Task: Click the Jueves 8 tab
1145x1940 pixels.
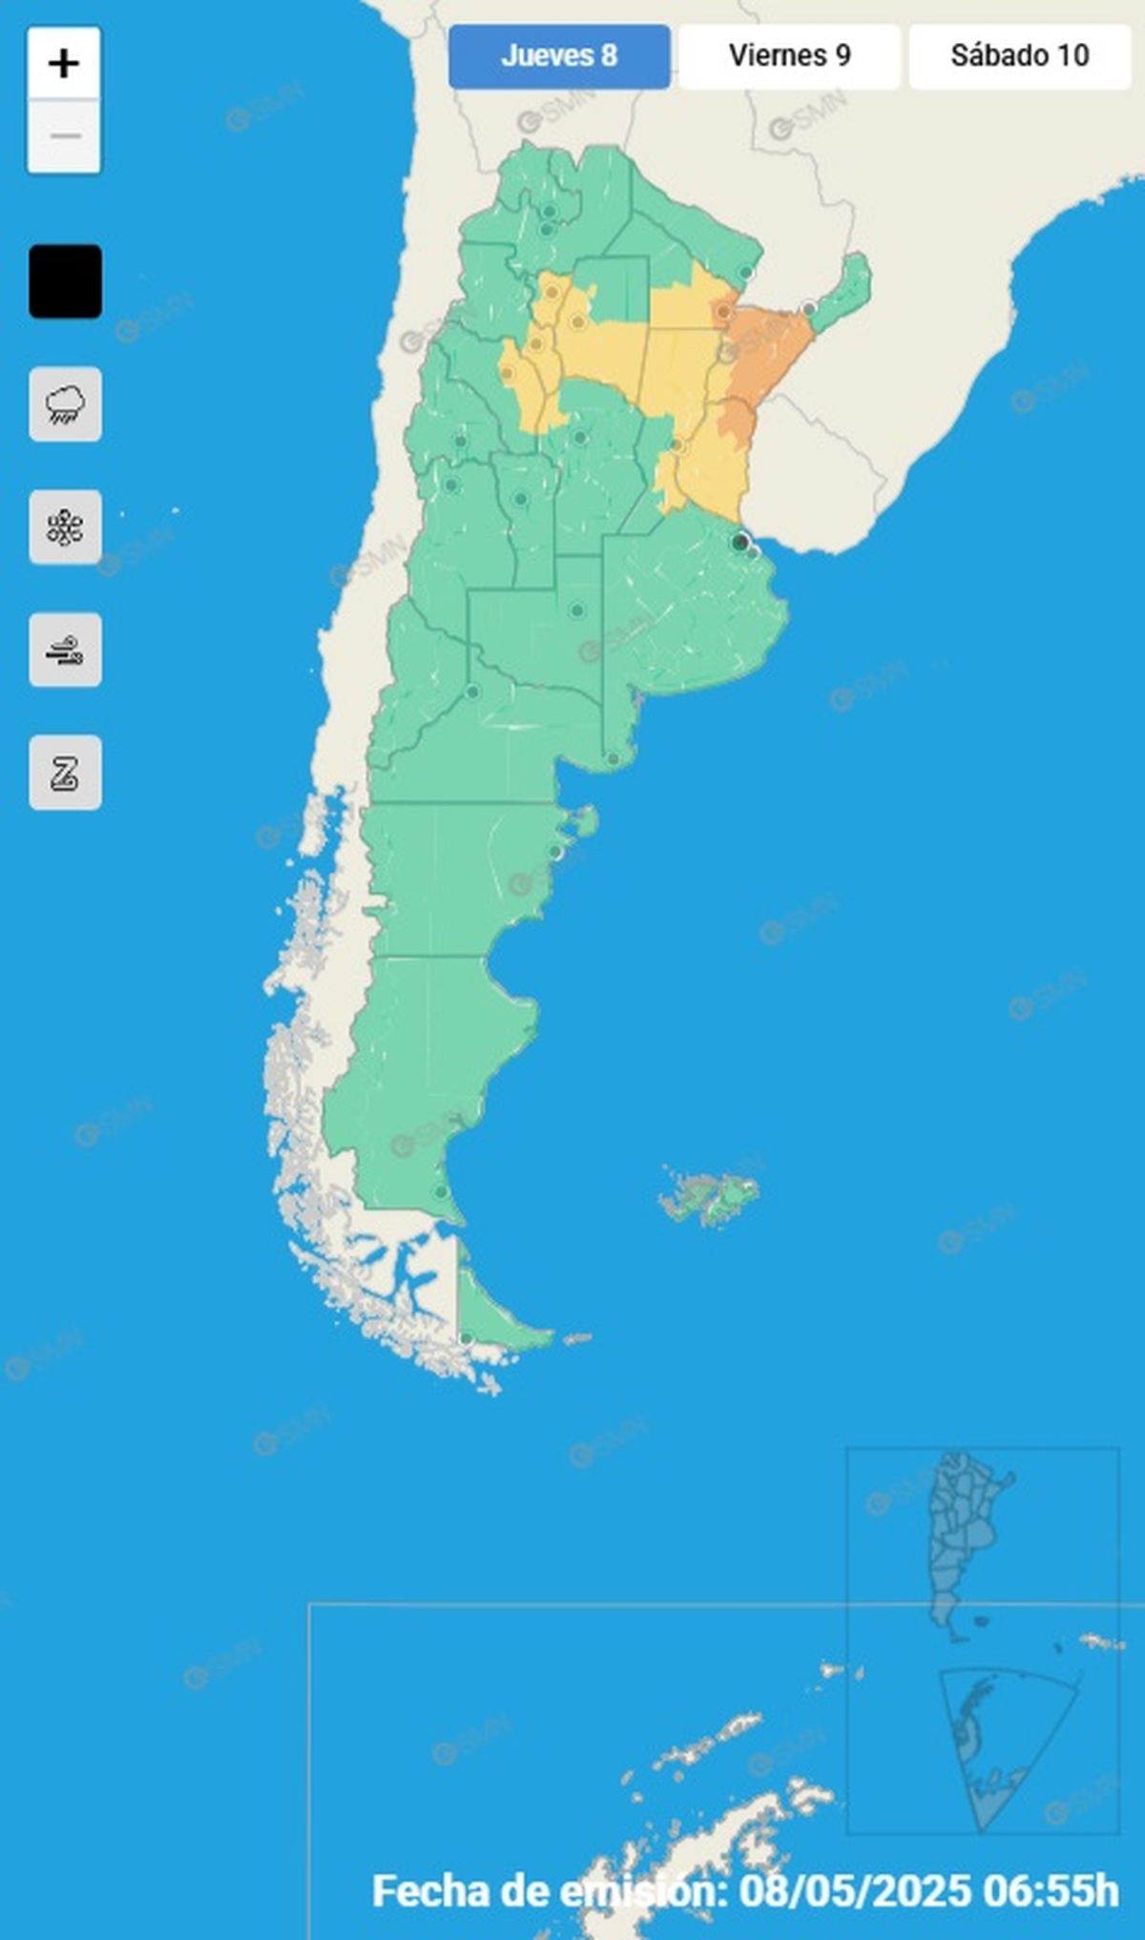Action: (x=559, y=56)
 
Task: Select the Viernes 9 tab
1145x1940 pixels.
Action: (x=789, y=56)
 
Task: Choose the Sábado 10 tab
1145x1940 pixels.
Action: (x=1019, y=56)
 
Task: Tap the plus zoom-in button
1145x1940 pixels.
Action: (x=64, y=64)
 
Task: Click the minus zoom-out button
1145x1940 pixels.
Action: (x=64, y=136)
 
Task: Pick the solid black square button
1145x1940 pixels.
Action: (x=65, y=281)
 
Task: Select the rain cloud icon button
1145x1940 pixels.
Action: (x=65, y=404)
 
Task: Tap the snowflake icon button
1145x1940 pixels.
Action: (x=65, y=527)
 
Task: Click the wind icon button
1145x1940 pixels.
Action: (x=65, y=650)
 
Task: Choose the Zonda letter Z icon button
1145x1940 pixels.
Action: (x=65, y=773)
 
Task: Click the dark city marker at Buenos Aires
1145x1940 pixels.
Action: (x=739, y=543)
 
